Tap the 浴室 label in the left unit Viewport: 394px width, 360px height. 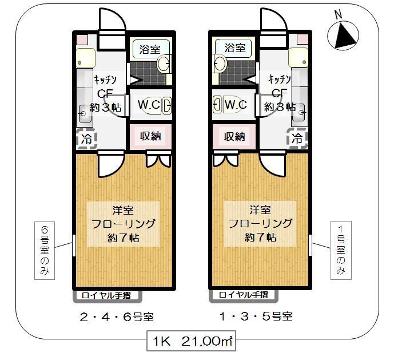point(150,49)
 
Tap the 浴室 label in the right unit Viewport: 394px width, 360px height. point(234,48)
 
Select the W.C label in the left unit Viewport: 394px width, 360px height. point(149,105)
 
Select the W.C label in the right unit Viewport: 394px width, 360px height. point(235,105)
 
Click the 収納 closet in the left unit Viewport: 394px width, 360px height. point(150,136)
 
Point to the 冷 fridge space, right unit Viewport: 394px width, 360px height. point(297,139)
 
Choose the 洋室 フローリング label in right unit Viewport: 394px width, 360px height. point(260,223)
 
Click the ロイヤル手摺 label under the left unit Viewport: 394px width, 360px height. point(106,296)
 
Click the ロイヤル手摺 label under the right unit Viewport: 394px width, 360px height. point(243,296)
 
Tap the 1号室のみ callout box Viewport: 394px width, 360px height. point(341,250)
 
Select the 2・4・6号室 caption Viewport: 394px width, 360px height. point(117,317)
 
